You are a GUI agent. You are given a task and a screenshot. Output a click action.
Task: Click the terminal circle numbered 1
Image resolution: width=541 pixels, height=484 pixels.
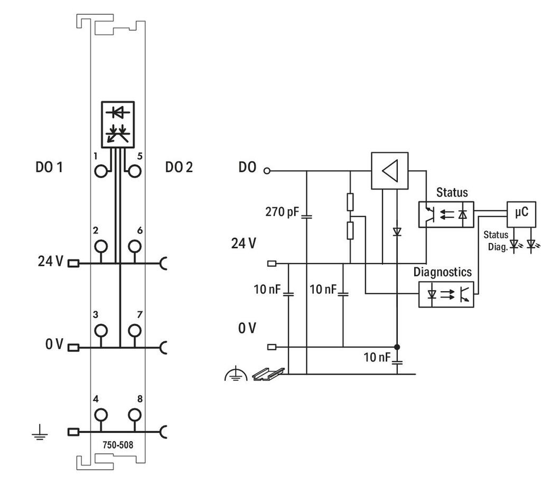101,171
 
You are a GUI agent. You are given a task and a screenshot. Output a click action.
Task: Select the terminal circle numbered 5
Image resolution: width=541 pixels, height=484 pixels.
135,171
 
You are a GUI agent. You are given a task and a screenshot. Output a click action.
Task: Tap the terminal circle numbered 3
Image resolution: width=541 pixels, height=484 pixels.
101,330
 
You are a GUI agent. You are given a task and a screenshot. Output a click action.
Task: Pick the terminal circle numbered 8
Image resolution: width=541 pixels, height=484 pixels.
135,415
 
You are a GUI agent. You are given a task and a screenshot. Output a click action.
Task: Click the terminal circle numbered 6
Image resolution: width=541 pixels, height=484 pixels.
135,246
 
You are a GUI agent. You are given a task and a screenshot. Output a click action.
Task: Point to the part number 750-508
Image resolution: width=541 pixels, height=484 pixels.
118,445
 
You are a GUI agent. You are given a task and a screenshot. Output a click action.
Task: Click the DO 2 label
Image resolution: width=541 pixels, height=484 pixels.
179,167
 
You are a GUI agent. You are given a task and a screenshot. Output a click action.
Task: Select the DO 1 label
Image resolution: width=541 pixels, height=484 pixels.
49,167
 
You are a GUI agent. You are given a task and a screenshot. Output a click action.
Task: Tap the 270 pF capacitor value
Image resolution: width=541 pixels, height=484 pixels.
282,211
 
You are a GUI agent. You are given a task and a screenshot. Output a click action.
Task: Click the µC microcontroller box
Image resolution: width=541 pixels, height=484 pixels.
521,214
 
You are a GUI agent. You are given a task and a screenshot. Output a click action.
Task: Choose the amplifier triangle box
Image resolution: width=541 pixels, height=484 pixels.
389,171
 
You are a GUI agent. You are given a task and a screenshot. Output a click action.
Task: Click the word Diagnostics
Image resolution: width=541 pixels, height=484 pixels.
442,272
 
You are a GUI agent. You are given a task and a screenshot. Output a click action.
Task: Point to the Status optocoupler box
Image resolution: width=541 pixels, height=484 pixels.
446,214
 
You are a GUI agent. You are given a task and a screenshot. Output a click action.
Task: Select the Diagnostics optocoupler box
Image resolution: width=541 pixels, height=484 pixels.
446,294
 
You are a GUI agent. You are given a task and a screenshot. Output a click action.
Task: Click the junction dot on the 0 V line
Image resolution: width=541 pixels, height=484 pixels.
397,347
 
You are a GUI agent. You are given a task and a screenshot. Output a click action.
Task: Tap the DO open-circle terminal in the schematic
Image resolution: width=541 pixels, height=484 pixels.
267,171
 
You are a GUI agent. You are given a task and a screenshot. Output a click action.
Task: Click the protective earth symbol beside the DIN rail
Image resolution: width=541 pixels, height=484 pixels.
236,374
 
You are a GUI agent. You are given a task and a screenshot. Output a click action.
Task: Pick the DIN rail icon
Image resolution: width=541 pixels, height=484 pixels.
268,374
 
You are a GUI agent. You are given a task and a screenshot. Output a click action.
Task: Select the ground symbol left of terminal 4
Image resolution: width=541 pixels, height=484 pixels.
40,433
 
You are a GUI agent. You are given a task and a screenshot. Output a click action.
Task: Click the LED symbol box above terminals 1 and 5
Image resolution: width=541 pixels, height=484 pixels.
118,125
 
